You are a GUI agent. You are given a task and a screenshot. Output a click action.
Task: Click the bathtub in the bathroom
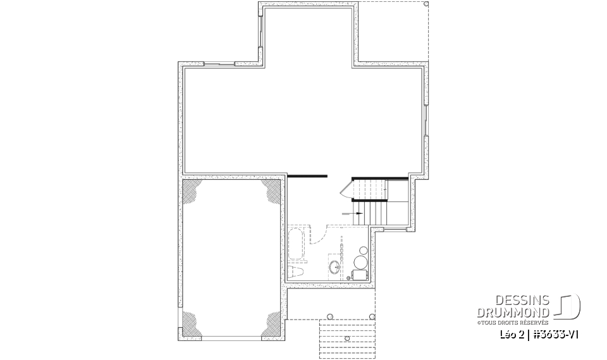coord(297,245)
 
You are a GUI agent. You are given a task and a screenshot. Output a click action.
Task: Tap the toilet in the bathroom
coord(295,272)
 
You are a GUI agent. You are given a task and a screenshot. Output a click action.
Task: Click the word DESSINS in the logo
coord(522,299)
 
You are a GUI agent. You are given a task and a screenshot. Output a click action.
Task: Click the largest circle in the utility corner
coord(360,263)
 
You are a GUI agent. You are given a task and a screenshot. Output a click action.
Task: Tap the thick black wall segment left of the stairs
coord(308,175)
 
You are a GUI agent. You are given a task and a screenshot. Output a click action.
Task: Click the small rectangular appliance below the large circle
coord(359,275)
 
